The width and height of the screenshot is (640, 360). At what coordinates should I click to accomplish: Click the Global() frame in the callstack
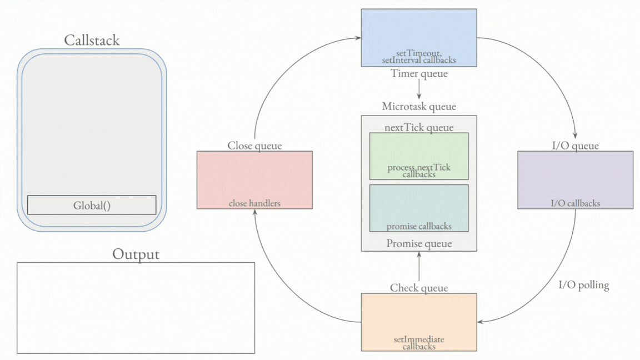[92, 205]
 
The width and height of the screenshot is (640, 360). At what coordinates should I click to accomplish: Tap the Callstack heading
[92, 41]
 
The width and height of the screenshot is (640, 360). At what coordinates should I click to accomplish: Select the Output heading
[136, 254]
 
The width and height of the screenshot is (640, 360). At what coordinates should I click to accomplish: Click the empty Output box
[136, 308]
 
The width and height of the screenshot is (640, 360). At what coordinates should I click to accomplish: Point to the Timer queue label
[419, 73]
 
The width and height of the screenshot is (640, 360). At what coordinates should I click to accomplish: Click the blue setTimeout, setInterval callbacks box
[419, 38]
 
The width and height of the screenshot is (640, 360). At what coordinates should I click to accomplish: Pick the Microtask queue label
[419, 107]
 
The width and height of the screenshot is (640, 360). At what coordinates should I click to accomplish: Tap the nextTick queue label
[419, 128]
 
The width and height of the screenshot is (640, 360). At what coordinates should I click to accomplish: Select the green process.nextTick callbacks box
[419, 156]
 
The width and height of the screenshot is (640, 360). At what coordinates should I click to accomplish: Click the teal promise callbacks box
[419, 208]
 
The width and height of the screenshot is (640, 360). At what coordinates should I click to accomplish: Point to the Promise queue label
[419, 243]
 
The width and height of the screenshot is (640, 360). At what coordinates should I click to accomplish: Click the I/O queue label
[575, 146]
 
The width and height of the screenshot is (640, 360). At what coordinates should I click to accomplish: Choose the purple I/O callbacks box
[575, 180]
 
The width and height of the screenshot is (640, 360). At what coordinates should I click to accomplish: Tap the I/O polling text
[583, 286]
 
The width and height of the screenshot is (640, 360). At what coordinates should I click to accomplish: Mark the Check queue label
[419, 288]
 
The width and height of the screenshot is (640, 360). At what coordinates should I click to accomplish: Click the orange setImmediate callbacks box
[419, 322]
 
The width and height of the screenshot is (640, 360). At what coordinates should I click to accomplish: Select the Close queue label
[254, 146]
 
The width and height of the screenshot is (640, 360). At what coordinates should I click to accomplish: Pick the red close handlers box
[254, 180]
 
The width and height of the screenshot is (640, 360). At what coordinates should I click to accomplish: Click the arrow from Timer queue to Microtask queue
[419, 89]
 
